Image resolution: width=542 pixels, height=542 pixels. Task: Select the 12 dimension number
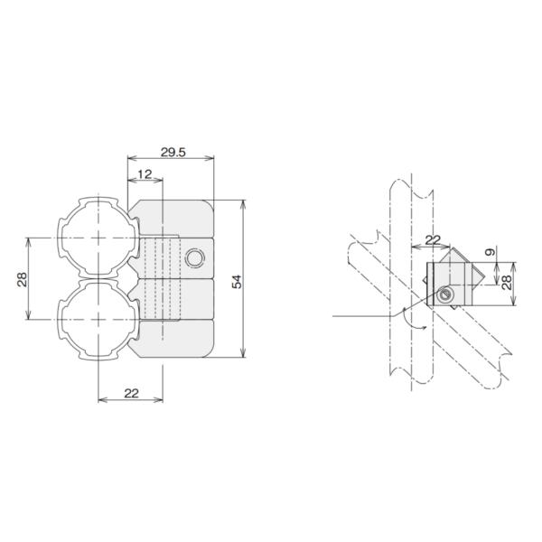145,173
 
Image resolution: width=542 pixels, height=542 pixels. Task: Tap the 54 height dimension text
236,279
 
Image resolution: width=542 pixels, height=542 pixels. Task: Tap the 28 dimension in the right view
507,283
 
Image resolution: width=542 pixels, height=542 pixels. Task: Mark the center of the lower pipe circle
98,320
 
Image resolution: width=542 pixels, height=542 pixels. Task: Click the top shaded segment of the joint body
172,218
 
